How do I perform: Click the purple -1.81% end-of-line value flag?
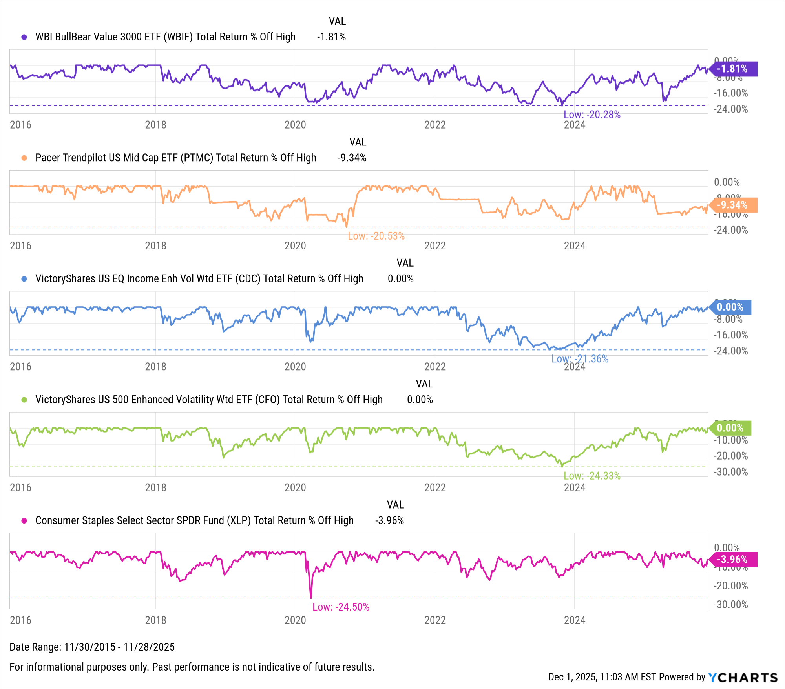point(732,69)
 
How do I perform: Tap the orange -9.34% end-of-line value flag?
point(732,205)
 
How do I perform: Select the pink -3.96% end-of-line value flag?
point(732,560)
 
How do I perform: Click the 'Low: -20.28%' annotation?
point(592,115)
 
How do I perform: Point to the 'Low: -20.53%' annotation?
point(376,236)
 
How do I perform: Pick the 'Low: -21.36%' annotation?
point(580,359)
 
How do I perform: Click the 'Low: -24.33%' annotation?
point(592,476)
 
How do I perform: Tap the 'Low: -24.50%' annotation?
point(341,607)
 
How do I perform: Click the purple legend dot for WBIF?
point(24,37)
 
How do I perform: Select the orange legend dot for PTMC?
point(24,158)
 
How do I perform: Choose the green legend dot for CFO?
point(24,400)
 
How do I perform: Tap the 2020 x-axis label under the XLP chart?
point(295,620)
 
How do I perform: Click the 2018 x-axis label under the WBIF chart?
point(155,125)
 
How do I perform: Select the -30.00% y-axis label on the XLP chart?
point(731,605)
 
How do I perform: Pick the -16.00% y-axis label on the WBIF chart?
point(731,93)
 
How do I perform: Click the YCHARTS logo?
point(743,678)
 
